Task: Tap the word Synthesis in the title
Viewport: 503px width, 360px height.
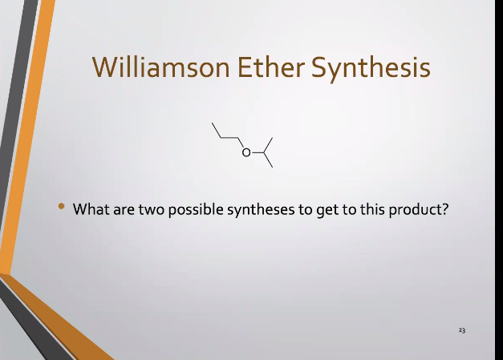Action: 370,67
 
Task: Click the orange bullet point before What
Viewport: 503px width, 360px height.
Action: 61,208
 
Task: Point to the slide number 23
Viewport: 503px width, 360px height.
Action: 462,330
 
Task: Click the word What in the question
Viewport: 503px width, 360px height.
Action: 91,210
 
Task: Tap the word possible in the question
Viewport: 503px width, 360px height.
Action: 193,210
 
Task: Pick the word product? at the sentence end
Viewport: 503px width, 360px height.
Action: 419,210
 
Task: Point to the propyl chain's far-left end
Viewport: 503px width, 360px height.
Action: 213,124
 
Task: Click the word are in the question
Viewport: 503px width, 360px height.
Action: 123,210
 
